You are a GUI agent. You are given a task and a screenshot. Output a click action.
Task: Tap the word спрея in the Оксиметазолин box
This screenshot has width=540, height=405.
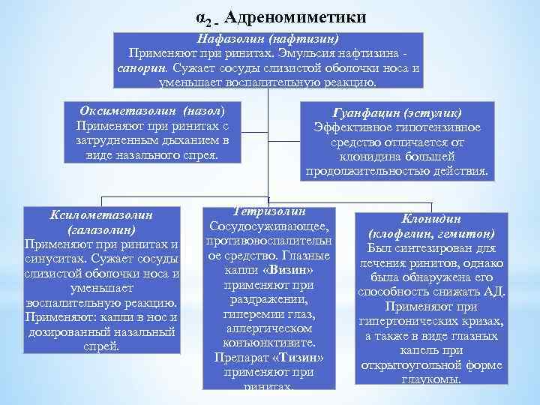point(200,154)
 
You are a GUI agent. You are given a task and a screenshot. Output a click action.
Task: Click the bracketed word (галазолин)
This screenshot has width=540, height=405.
point(101,229)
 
